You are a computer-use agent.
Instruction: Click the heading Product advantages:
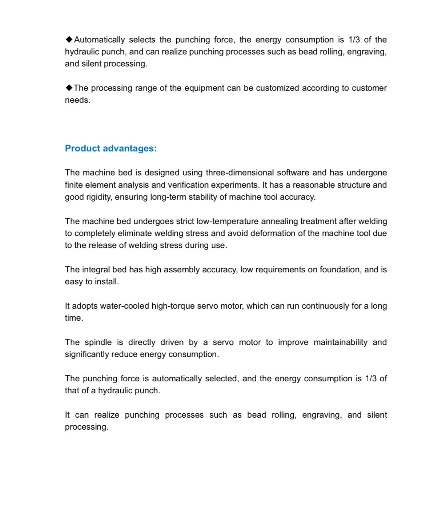[x=111, y=148]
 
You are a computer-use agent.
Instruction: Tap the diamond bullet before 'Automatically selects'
[x=69, y=39]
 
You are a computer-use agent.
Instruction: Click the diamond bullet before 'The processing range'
[x=69, y=88]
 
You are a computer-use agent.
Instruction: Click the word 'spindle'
[x=98, y=342]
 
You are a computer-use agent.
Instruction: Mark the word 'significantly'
[x=87, y=354]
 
